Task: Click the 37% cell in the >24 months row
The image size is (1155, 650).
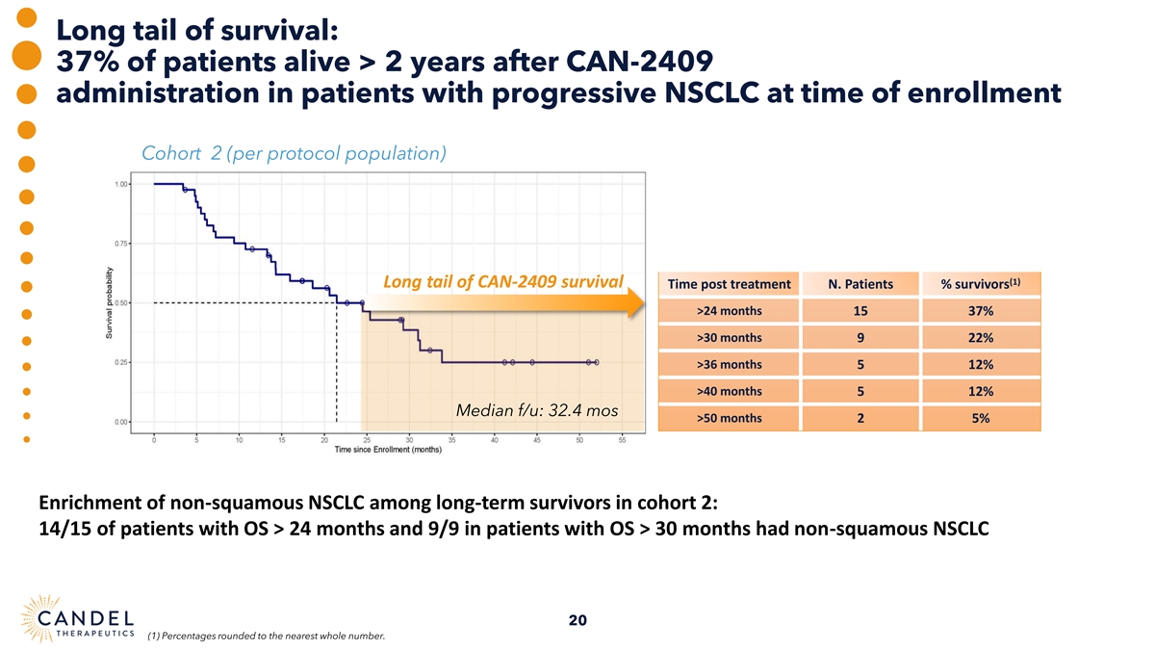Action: (982, 311)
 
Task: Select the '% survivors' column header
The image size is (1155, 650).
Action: (982, 284)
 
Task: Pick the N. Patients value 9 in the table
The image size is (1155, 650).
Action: (860, 338)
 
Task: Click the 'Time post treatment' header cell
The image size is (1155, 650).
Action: (729, 284)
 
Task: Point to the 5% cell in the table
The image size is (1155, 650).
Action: (982, 418)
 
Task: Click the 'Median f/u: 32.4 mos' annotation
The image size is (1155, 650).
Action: (536, 411)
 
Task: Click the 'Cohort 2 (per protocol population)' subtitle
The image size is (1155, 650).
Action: (293, 154)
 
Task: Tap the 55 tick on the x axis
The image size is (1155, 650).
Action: (622, 441)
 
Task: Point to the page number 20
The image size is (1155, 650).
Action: (577, 619)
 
